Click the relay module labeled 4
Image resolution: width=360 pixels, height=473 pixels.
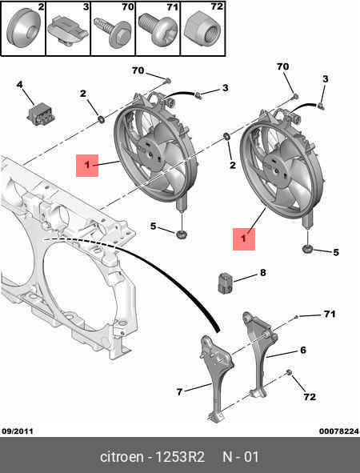[38, 114]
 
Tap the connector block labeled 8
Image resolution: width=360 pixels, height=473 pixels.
[226, 283]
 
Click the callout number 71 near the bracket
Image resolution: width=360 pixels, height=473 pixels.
[330, 314]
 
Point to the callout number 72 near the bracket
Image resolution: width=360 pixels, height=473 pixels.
[310, 397]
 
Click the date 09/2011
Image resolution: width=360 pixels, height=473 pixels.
[18, 431]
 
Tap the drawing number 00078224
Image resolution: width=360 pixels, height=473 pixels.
[339, 431]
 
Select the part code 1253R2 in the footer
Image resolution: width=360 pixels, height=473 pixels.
[180, 457]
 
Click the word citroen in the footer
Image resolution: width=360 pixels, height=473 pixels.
[122, 457]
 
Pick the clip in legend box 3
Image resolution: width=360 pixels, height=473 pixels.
[68, 32]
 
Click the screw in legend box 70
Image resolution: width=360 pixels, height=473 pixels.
[113, 32]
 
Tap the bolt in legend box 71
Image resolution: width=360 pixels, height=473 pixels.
[158, 30]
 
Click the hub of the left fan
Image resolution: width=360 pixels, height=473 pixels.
[150, 154]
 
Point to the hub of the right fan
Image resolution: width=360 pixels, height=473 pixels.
[276, 170]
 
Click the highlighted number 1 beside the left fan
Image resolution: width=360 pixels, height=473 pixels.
[87, 166]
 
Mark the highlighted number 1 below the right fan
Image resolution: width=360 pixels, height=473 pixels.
[244, 239]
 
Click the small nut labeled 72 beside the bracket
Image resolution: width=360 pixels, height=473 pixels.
[288, 373]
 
